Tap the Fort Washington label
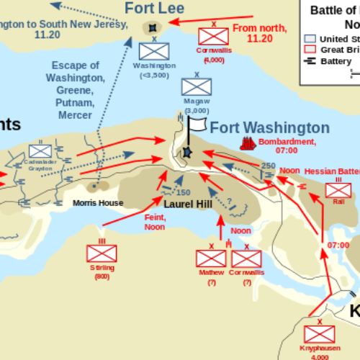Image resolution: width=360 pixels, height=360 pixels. pos(270,128)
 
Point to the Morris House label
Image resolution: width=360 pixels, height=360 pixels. pos(98,203)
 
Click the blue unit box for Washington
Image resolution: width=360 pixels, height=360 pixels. pos(153,50)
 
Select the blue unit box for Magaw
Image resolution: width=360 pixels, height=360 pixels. pos(196,86)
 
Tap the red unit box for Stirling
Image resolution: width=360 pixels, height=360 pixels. pos(102,253)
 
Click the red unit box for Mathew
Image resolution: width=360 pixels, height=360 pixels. pos(212,259)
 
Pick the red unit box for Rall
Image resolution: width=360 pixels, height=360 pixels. pos(338,190)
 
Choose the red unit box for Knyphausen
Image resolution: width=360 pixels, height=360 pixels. pos(319,333)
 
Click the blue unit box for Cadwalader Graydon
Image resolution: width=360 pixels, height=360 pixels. pos(40,150)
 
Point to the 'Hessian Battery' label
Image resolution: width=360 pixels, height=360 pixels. pos(332,171)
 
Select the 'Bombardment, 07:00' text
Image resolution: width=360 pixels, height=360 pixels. pos(287,146)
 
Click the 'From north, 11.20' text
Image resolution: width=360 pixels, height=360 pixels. pos(261,32)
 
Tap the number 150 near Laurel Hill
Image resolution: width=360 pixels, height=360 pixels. pos(184,192)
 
